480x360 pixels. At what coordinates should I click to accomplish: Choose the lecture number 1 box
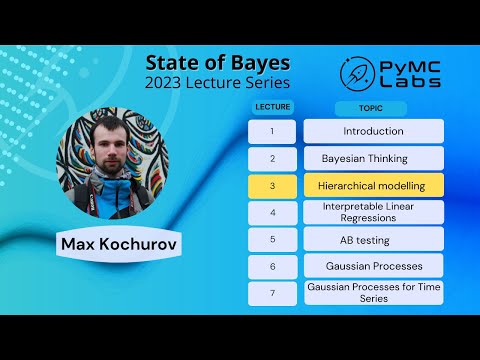[271, 131]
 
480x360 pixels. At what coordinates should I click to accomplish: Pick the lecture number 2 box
[271, 158]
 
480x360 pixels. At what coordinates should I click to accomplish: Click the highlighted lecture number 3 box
[271, 185]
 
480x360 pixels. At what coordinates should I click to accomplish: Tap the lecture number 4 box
[271, 212]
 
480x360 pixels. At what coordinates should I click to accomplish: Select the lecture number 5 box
[271, 239]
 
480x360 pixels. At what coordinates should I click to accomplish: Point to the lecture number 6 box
[271, 266]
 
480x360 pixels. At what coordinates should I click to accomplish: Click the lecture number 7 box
[271, 293]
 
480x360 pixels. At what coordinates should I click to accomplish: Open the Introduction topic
[373, 131]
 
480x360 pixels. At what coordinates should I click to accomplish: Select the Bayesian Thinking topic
[373, 158]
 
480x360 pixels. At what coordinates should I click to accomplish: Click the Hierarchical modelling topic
[373, 185]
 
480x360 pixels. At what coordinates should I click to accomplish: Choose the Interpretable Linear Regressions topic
[373, 212]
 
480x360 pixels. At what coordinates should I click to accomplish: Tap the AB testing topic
[373, 239]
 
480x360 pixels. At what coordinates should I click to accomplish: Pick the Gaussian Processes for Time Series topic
[373, 293]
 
